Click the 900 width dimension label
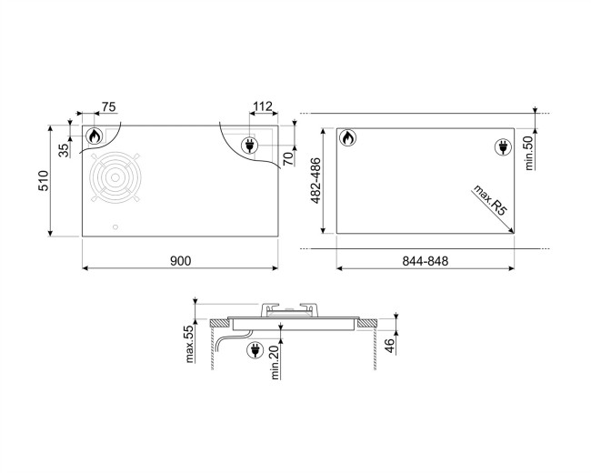[x=180, y=261]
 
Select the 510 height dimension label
[x=44, y=181]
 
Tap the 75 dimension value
[x=108, y=106]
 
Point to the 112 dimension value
[x=263, y=106]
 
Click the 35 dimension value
[x=64, y=150]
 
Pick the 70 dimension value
[x=287, y=158]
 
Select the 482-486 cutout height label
[x=316, y=180]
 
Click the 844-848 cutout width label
[x=426, y=261]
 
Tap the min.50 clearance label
[x=529, y=153]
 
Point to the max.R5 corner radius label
[x=489, y=201]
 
